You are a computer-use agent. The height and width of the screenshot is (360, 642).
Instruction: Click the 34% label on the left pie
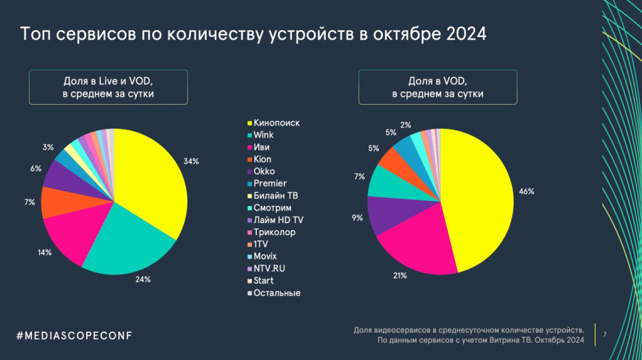click(190, 162)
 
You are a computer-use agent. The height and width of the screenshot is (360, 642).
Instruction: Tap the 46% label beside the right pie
click(527, 192)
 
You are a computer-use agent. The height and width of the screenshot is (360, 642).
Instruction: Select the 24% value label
click(143, 279)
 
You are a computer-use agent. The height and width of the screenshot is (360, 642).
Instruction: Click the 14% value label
click(44, 253)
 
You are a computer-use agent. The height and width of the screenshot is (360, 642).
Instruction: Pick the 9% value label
click(357, 218)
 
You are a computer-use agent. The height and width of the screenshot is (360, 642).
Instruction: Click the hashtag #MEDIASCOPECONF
click(74, 335)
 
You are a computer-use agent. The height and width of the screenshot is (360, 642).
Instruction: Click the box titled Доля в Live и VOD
click(108, 87)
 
